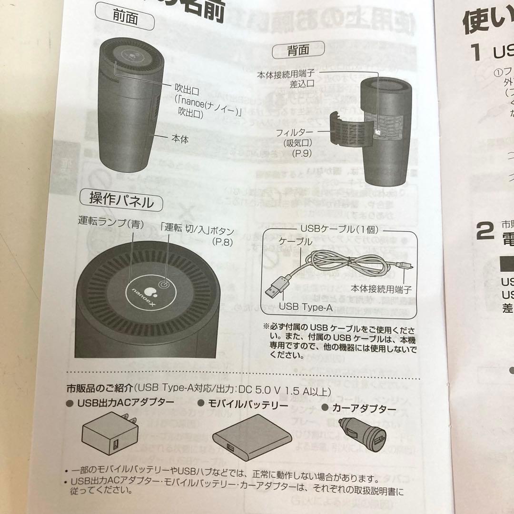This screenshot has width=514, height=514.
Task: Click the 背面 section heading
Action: (x=298, y=49)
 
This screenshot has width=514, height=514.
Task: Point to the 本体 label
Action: (x=180, y=139)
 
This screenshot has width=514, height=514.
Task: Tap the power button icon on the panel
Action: (x=163, y=284)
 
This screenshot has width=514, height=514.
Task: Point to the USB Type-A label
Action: (x=306, y=307)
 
